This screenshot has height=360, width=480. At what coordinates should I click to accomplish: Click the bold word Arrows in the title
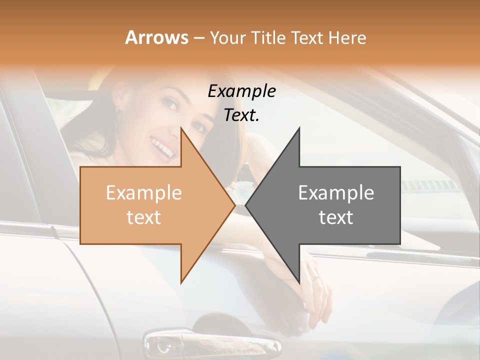point(157,37)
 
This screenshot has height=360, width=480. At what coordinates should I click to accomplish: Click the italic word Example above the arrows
point(241,91)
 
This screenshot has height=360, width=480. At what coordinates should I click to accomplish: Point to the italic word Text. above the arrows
point(241,115)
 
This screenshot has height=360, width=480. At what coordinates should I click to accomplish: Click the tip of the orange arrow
point(234,205)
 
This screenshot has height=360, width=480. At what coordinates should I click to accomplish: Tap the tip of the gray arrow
point(246,205)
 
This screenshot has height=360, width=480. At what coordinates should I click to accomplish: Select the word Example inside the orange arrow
point(143,193)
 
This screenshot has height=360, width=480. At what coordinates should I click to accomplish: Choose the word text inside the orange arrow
point(143,217)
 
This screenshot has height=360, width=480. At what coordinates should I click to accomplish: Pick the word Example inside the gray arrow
point(336,193)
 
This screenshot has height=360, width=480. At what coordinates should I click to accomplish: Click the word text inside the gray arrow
point(336,217)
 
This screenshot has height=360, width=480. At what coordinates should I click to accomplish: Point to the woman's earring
point(118,108)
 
